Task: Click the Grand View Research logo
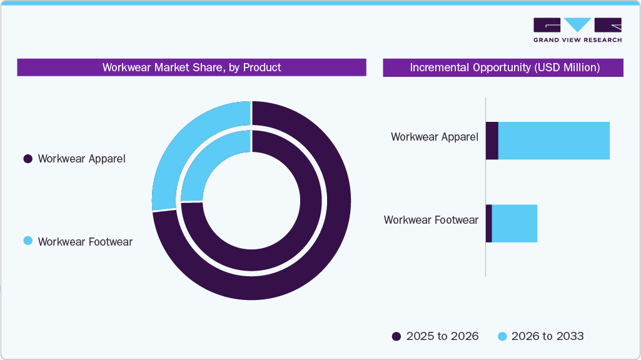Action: (577, 30)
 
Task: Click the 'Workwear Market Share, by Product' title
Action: (191, 67)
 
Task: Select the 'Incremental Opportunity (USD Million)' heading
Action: (504, 67)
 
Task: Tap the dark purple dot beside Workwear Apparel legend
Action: (28, 159)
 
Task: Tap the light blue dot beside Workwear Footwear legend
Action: (28, 241)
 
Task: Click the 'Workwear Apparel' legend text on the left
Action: (81, 159)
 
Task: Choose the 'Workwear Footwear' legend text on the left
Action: (85, 241)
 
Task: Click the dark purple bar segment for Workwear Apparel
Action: (492, 141)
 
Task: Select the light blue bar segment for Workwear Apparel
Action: (553, 141)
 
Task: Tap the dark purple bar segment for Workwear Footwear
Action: (489, 223)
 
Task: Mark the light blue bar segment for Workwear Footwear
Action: (515, 223)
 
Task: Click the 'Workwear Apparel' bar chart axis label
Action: (434, 137)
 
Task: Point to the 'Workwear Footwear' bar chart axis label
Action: (431, 220)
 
